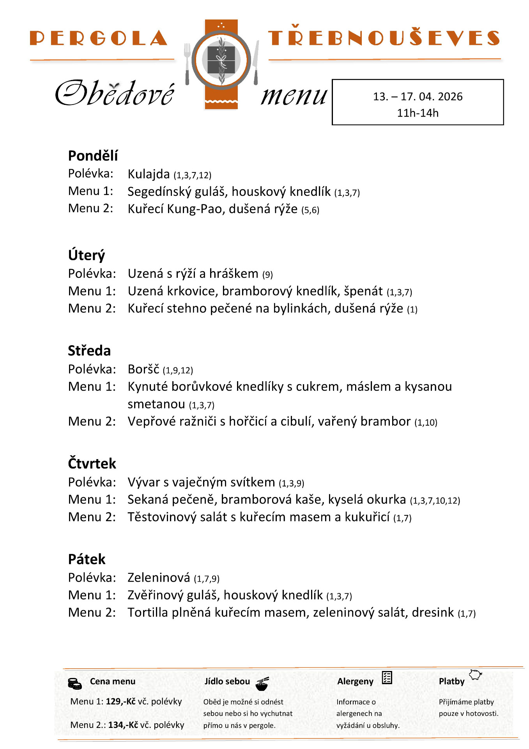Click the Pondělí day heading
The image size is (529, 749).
point(93,156)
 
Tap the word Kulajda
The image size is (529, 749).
point(149,174)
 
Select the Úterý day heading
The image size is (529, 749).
point(87,255)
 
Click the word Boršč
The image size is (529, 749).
point(143,369)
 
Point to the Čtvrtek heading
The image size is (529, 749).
point(92,463)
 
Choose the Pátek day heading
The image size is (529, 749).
point(87,559)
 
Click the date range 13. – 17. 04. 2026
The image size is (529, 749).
point(418,96)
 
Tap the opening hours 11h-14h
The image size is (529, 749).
point(418,113)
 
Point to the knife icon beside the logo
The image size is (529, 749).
point(256,62)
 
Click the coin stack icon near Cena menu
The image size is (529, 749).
point(74,683)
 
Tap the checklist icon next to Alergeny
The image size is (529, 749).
point(387,678)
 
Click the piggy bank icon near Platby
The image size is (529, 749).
point(475,674)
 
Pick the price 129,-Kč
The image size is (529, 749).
point(121,701)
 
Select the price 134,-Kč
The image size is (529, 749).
point(123,725)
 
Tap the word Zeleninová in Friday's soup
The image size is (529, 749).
point(159,578)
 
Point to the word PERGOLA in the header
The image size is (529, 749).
point(98,38)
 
